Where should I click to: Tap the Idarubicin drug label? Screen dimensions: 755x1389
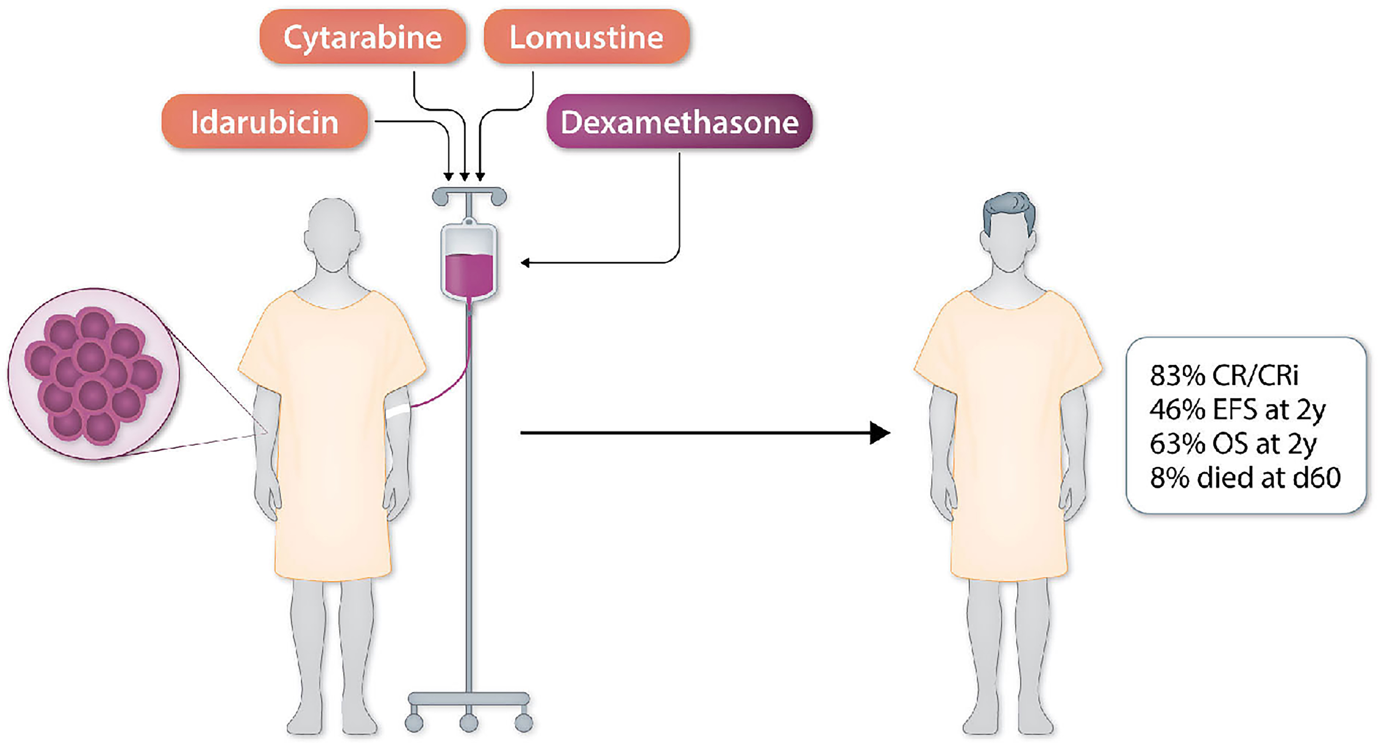point(264,122)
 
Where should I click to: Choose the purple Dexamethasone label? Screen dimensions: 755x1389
point(679,122)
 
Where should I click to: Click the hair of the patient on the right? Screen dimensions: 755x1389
point(1008,208)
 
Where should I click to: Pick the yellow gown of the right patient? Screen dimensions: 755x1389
point(1007,432)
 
